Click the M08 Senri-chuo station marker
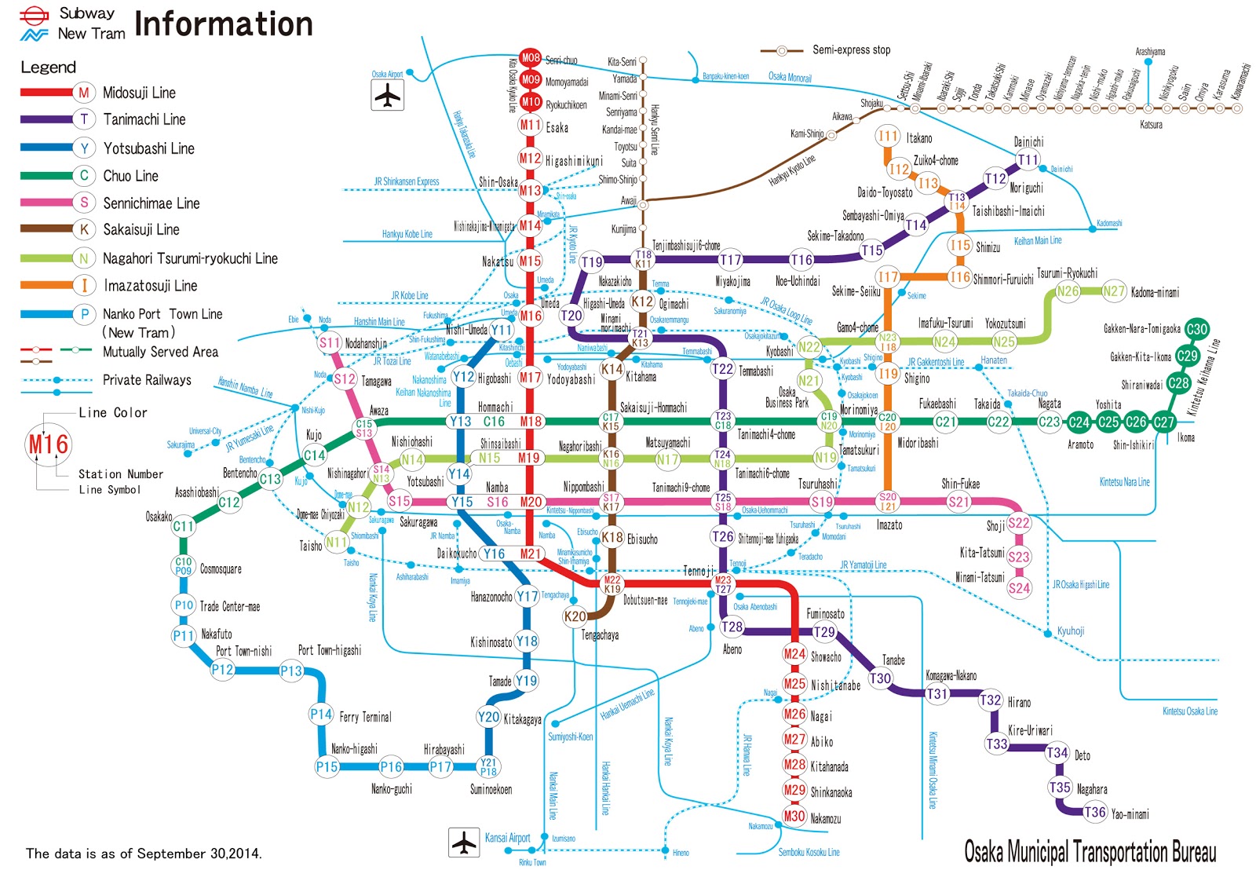[531, 58]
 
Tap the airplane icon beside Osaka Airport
[387, 96]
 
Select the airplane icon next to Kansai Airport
[464, 843]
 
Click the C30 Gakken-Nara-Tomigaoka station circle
[1196, 329]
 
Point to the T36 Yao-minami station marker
[1095, 813]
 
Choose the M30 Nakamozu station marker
[794, 817]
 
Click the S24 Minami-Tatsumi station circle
[1019, 587]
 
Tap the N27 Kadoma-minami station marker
[1114, 291]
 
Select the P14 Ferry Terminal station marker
[320, 715]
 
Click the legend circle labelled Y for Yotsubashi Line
[84, 148]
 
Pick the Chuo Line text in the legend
[130, 176]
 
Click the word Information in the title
[224, 24]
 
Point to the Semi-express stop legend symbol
[781, 50]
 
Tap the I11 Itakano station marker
[888, 136]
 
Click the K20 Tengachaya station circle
[575, 616]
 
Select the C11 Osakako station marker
[183, 526]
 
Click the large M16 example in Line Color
[49, 444]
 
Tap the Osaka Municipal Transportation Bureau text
[1090, 851]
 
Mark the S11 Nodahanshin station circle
[330, 342]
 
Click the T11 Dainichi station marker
[1028, 160]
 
